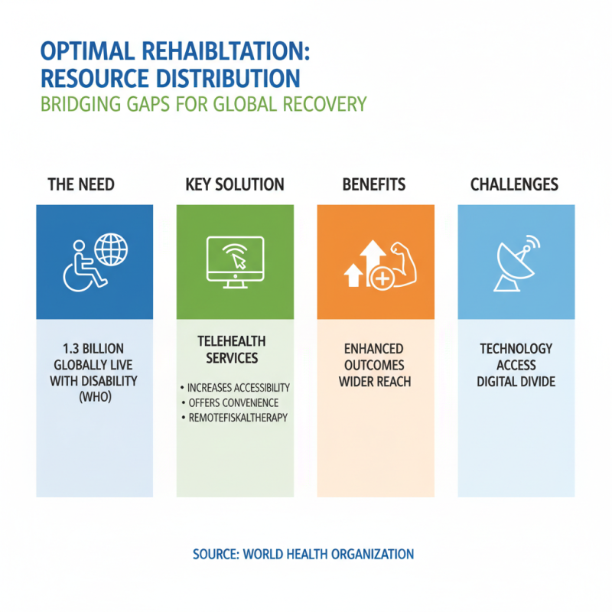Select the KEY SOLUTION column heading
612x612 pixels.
tap(235, 185)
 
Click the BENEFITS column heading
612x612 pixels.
tap(374, 185)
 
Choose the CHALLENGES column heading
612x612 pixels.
tap(514, 185)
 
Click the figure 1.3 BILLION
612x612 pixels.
tap(93, 349)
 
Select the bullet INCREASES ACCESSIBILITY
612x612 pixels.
tap(236, 389)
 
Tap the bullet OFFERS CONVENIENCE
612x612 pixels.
tap(229, 403)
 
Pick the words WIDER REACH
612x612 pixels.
tap(375, 381)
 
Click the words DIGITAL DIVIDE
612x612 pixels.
tap(516, 381)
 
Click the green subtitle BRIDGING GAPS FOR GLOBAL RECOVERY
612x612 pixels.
tap(203, 103)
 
